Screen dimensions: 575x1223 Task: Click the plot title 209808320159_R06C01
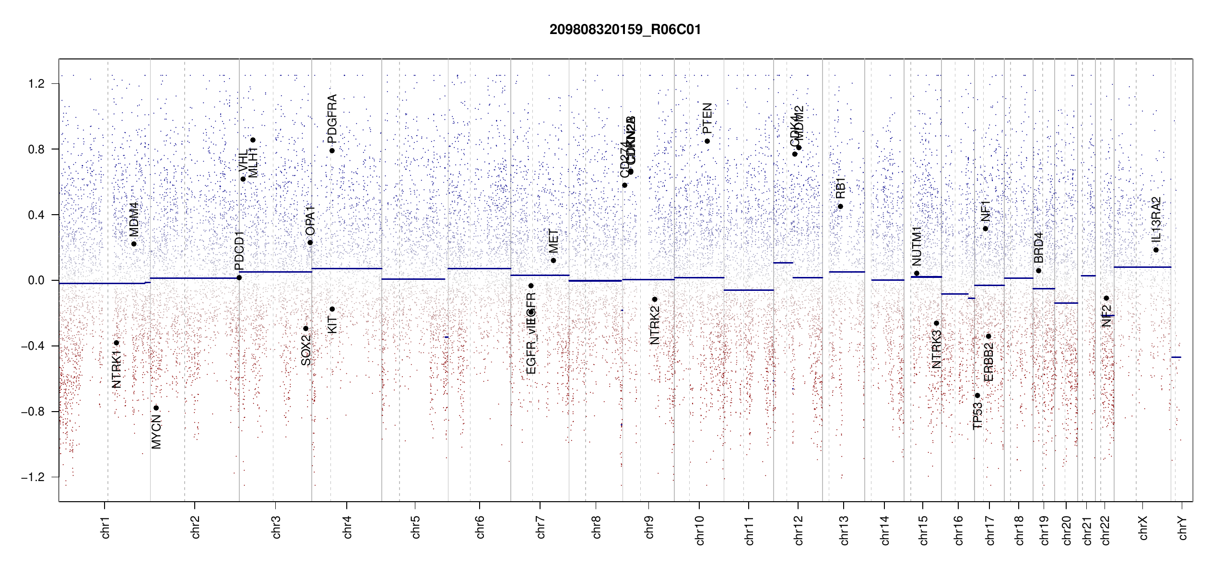click(625, 30)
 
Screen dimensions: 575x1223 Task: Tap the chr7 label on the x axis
click(541, 528)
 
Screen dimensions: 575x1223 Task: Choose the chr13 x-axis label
click(844, 530)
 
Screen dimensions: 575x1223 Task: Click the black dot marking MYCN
click(156, 408)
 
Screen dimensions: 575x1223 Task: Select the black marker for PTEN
click(707, 141)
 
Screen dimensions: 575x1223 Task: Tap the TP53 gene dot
click(977, 396)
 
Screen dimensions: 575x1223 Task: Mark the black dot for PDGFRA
click(332, 151)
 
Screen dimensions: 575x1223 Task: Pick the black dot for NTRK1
click(116, 343)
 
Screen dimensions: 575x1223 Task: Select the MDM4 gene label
click(134, 219)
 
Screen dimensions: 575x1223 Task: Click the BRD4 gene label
click(1038, 247)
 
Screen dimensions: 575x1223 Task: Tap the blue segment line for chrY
click(1176, 357)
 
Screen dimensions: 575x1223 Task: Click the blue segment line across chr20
click(1066, 303)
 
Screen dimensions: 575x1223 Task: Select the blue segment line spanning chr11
click(748, 290)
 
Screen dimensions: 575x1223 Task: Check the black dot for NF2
click(1106, 299)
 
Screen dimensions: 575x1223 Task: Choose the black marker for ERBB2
click(988, 336)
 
